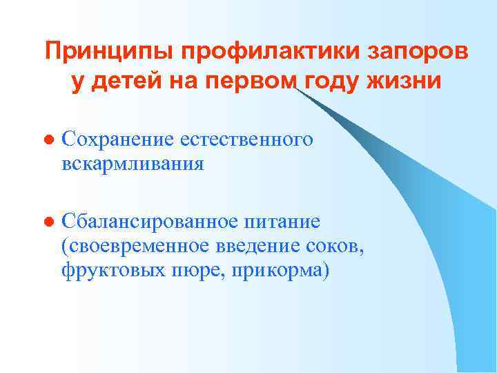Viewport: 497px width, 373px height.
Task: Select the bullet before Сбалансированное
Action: (47, 222)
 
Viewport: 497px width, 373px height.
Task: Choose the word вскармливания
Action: (133, 164)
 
